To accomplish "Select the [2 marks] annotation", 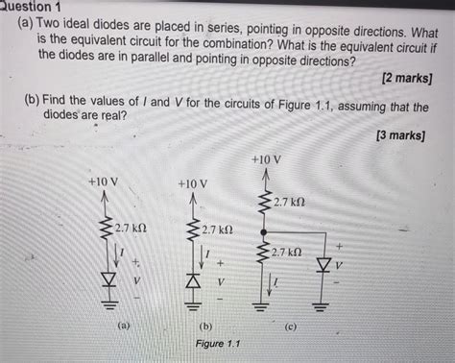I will [403, 77].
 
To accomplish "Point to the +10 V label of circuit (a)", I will [103, 181].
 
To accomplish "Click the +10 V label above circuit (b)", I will [192, 183].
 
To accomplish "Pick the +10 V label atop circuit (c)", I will [265, 159].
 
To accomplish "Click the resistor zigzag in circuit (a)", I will [106, 229].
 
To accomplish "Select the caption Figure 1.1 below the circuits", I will [217, 344].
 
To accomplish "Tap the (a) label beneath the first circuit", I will [122, 326].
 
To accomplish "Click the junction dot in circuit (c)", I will [264, 232].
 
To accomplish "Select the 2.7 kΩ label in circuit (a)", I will [131, 229].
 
